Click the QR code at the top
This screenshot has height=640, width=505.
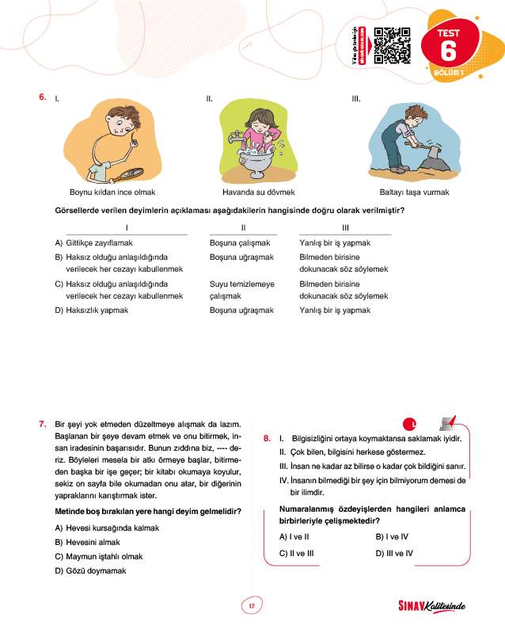tap(391, 46)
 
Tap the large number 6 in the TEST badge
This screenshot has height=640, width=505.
tap(448, 51)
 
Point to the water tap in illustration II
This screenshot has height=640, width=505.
tap(234, 136)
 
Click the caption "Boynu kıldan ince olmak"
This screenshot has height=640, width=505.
tap(112, 192)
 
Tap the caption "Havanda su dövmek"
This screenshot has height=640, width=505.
tap(259, 192)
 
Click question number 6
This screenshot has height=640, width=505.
tap(42, 98)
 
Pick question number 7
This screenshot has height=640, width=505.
tap(42, 424)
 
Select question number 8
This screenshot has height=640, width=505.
tap(267, 437)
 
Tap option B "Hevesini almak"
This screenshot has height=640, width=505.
tap(92, 542)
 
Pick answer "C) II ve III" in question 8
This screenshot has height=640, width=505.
tap(298, 552)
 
